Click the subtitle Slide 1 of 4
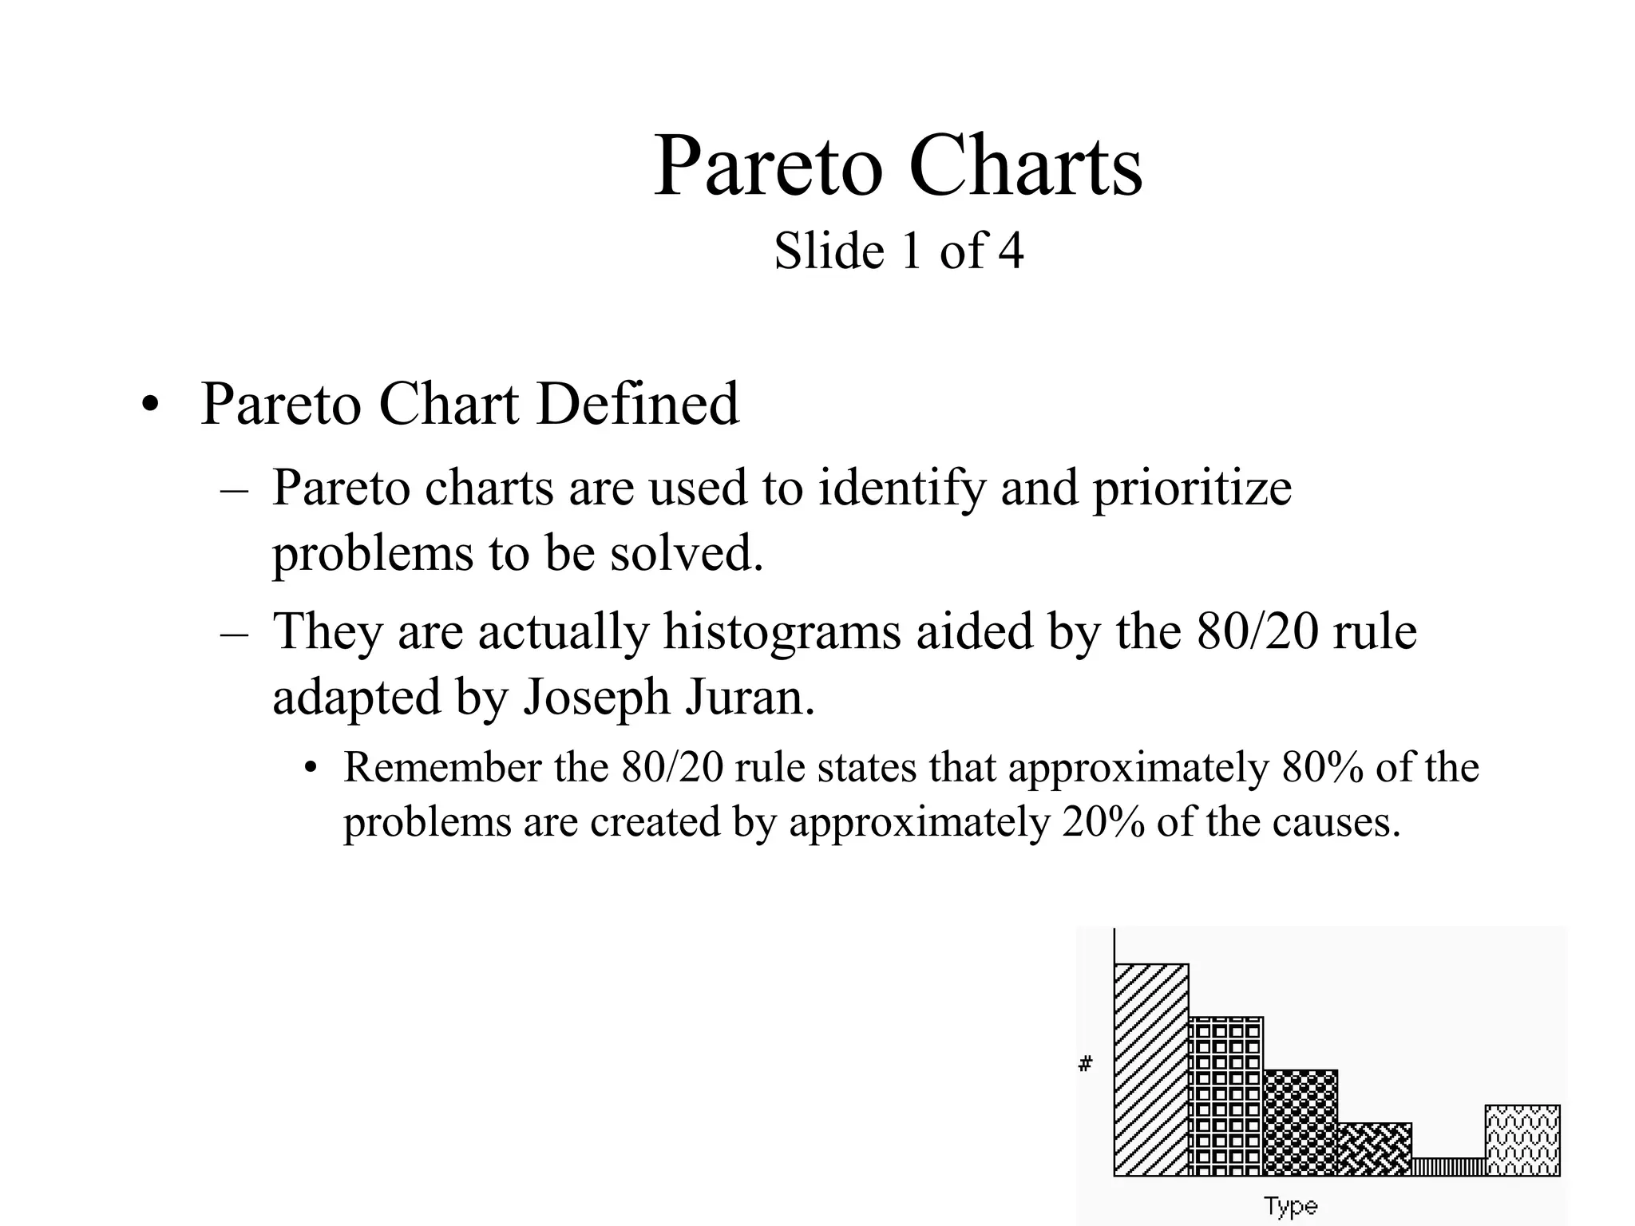(x=898, y=251)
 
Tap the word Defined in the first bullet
(x=638, y=404)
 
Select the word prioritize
(x=1192, y=488)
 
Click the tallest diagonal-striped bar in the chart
(x=1151, y=1070)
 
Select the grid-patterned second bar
(x=1225, y=1096)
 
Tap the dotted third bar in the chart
(x=1300, y=1122)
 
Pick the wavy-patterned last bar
(x=1522, y=1140)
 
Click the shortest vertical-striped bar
(x=1448, y=1167)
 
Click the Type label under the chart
(x=1290, y=1206)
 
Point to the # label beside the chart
(x=1085, y=1064)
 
